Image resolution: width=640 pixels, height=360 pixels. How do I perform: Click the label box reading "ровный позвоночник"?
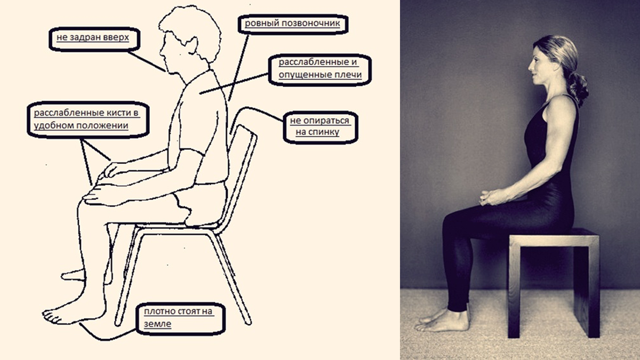[293, 25]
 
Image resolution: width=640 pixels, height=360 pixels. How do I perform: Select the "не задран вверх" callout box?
[94, 39]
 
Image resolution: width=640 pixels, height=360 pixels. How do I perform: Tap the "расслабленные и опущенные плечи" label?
[320, 70]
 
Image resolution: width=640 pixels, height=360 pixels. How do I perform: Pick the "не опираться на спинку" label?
[321, 127]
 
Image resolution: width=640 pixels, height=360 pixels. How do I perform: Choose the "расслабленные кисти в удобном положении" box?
[88, 120]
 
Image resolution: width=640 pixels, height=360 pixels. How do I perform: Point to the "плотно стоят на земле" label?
[181, 319]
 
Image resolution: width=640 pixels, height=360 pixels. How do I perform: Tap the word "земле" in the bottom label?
[157, 324]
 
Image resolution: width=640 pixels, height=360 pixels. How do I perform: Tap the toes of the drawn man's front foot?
[51, 317]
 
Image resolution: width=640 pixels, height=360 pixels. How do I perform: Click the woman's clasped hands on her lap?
[492, 198]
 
